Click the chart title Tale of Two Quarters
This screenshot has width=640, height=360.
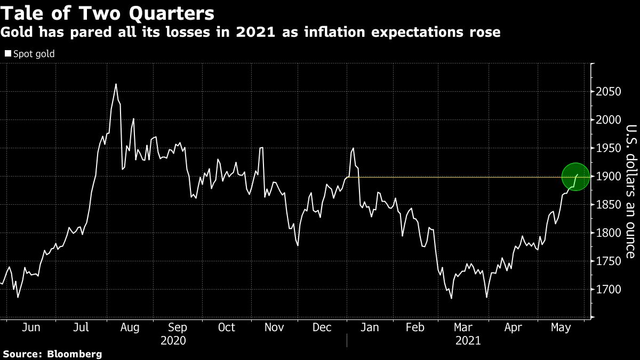[108, 13]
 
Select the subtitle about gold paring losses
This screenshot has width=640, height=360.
[251, 33]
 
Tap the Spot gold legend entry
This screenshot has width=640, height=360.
[30, 54]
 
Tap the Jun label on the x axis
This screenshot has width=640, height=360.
[31, 327]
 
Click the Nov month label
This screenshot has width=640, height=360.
[274, 327]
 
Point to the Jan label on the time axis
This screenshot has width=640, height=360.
[370, 327]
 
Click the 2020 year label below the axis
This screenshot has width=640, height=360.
[173, 340]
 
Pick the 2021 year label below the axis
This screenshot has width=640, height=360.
[468, 340]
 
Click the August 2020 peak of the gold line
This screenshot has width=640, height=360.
[116, 84]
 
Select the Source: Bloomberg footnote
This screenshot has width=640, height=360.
[52, 354]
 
